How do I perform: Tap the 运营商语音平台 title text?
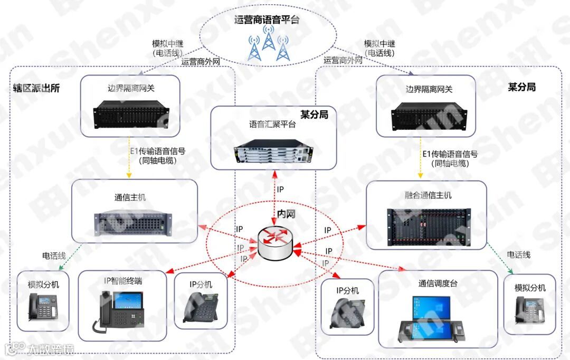[x=267, y=20]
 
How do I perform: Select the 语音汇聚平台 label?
[x=272, y=125]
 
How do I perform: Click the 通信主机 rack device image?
[x=134, y=223]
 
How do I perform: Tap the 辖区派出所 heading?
[x=36, y=88]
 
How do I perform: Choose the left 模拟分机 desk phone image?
[x=43, y=306]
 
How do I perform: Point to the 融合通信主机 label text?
[x=429, y=195]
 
